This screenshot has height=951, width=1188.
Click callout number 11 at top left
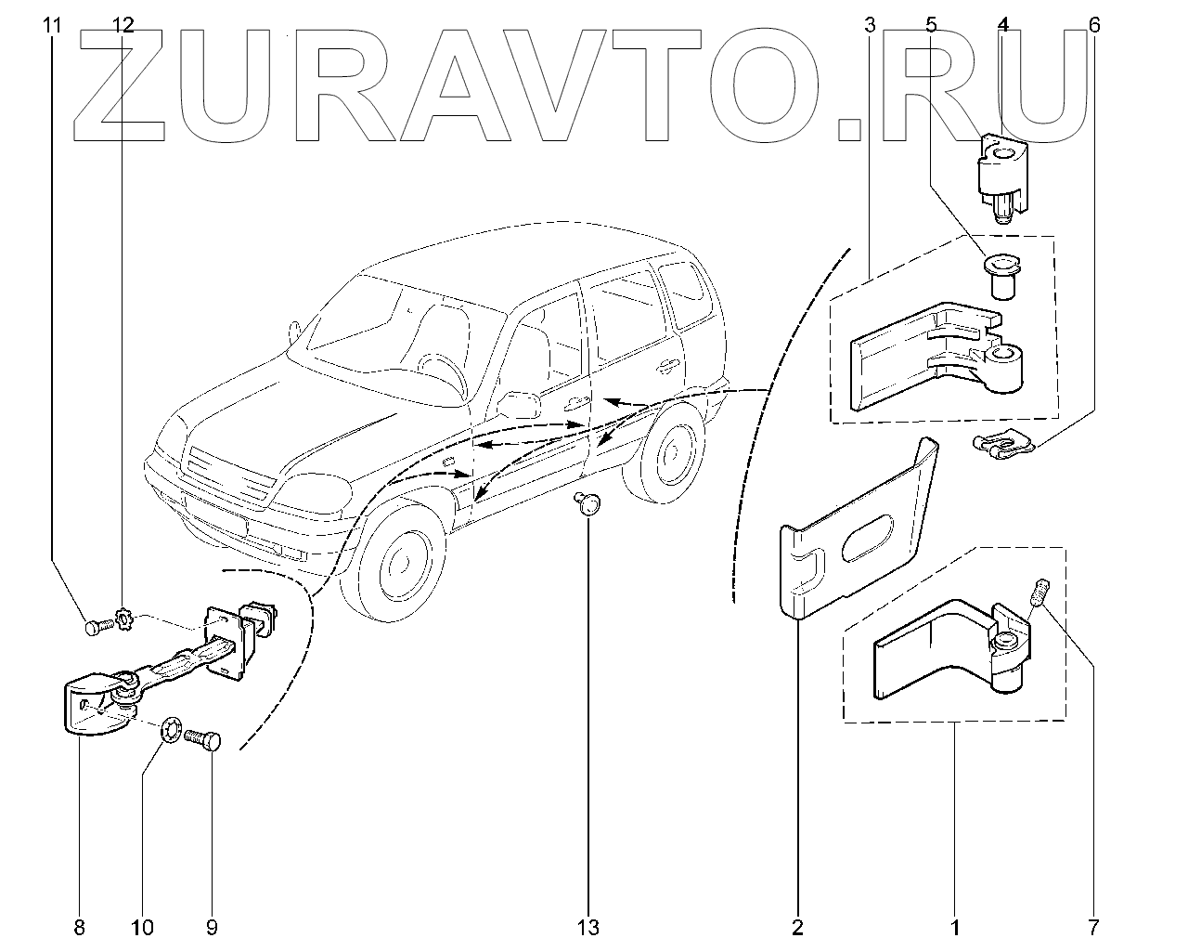click(52, 25)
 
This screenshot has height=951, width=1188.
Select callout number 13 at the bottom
click(588, 927)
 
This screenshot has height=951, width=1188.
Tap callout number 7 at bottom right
click(1093, 927)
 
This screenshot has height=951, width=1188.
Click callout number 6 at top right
click(1094, 25)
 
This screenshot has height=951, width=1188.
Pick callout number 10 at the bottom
click(143, 927)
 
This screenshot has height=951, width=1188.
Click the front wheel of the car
click(400, 562)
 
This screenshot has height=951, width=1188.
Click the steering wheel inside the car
click(444, 371)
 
